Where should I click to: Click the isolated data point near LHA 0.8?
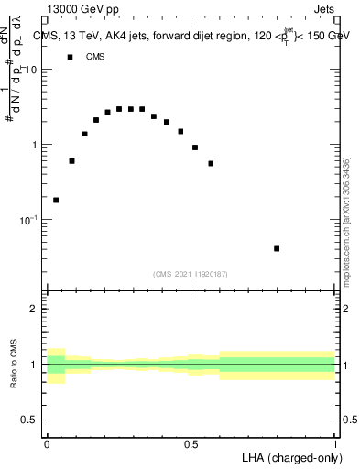[x=277, y=248]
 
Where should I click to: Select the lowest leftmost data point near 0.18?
[x=56, y=200]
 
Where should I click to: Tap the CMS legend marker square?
[x=70, y=57]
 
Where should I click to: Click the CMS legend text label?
[x=96, y=57]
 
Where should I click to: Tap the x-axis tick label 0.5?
[x=191, y=442]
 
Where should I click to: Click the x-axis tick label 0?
[x=47, y=442]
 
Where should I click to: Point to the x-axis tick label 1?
[x=335, y=442]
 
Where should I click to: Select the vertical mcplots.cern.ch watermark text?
[x=346, y=219]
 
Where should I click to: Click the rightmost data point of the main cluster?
[x=211, y=163]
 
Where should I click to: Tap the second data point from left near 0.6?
[x=71, y=160]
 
